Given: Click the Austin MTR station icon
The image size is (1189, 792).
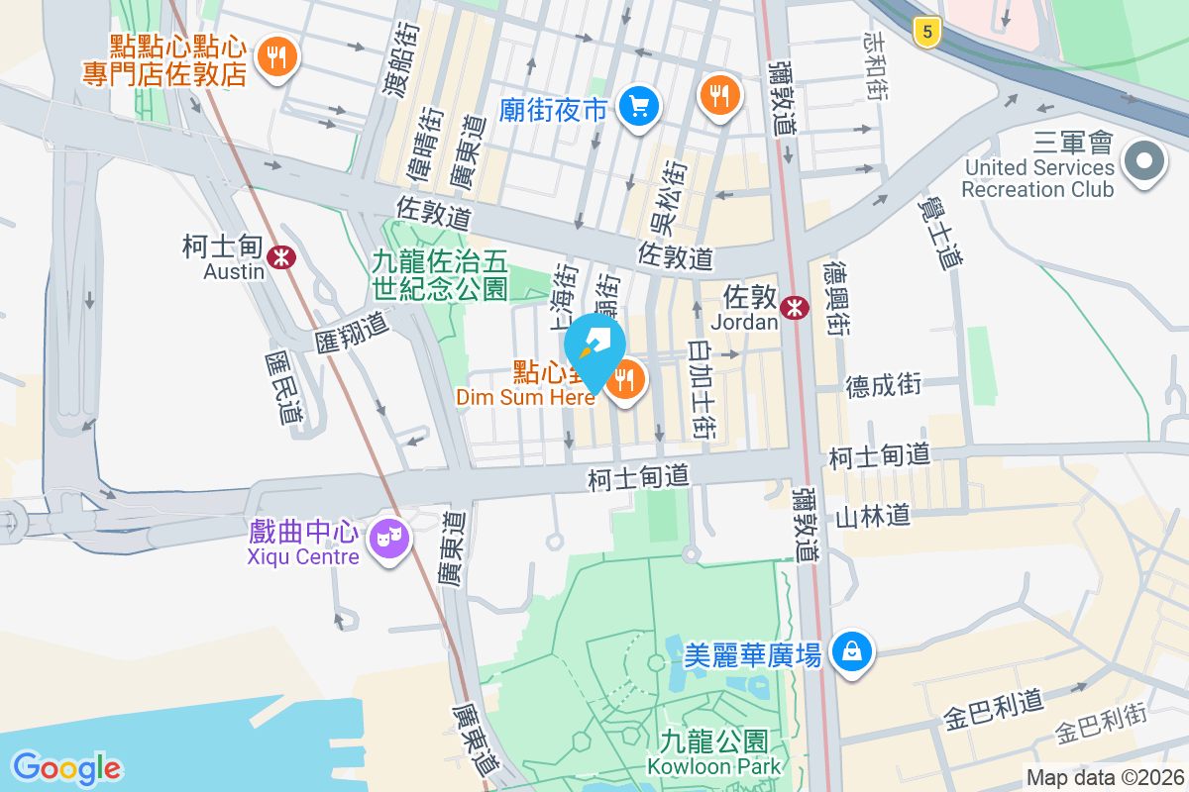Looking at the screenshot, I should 283,256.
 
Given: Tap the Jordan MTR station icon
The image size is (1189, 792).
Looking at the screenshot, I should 794,307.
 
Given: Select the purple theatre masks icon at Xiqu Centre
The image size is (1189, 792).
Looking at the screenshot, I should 388,540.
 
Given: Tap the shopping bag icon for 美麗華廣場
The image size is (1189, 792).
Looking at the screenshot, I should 852,651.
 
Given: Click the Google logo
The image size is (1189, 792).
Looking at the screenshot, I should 66,767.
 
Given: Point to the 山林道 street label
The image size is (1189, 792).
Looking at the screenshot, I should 872,516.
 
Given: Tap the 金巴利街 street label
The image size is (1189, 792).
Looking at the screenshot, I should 1101,728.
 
